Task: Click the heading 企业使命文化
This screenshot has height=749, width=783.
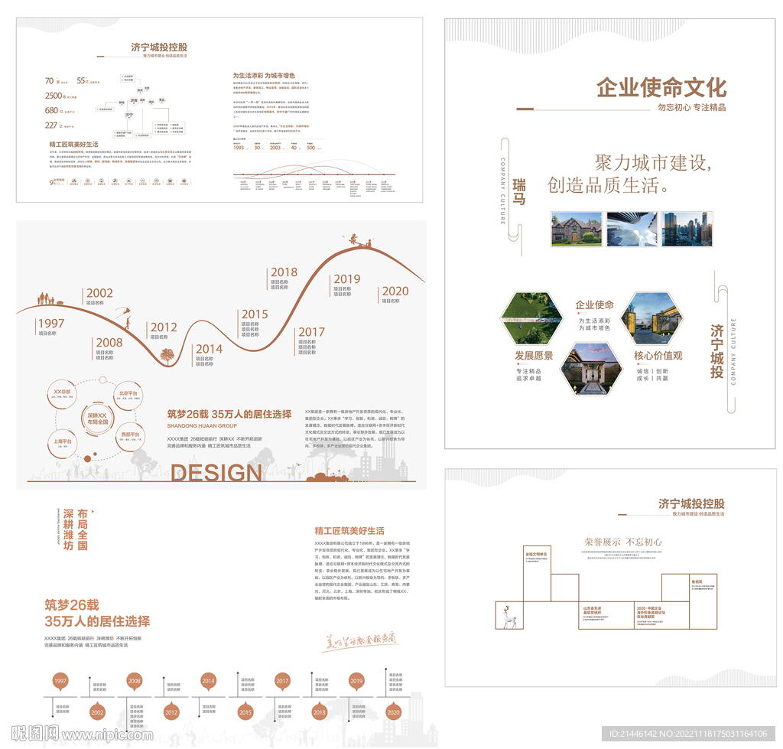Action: click(661, 87)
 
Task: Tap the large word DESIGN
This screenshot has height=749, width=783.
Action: click(216, 473)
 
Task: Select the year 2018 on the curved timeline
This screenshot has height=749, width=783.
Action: click(284, 272)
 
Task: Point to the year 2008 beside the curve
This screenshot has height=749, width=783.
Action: click(109, 343)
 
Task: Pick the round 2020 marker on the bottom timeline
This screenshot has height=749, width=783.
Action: click(393, 712)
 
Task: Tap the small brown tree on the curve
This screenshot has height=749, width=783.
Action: click(167, 355)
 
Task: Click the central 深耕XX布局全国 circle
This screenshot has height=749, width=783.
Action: click(97, 418)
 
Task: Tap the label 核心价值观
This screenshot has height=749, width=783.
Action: click(658, 356)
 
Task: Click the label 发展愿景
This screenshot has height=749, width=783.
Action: click(533, 356)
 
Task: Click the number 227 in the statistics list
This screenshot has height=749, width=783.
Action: click(51, 125)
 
